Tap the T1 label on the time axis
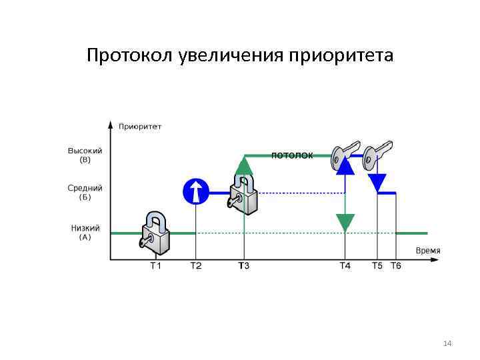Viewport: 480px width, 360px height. tap(155, 266)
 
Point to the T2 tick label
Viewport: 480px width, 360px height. tap(195, 266)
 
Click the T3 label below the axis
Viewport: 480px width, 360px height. tap(244, 266)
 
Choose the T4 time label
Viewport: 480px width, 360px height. tap(345, 266)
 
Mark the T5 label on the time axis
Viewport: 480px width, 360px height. tap(377, 266)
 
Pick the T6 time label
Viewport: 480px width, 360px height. tap(395, 266)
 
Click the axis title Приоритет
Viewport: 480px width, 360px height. tap(140, 126)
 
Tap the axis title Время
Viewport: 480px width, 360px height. tap(427, 250)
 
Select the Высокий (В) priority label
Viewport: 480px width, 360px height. tap(85, 155)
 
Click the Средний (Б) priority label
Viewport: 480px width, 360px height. tap(85, 193)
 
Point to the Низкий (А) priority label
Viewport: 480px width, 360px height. tap(85, 232)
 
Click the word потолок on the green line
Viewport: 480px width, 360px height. tap(292, 155)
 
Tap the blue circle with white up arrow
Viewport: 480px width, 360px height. tap(196, 192)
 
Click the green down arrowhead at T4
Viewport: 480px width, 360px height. tap(345, 222)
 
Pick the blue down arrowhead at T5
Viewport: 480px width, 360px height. tap(377, 181)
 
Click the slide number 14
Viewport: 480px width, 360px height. tap(447, 343)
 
